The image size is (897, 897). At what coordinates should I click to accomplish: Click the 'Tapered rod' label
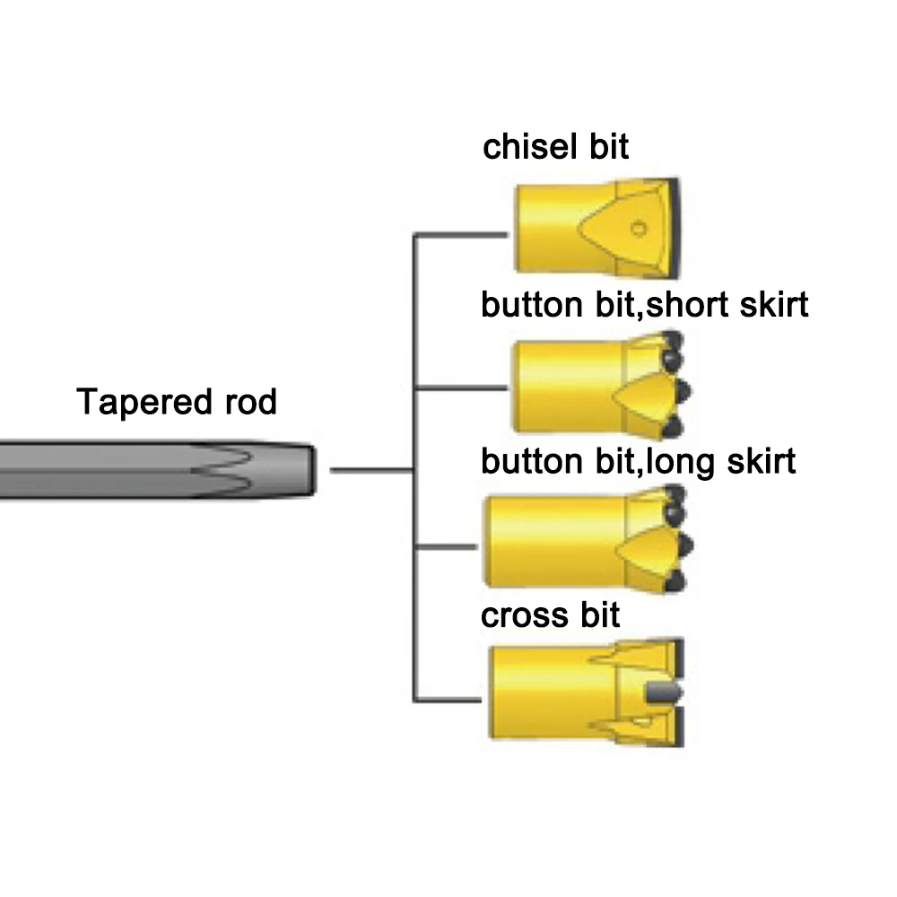[x=177, y=402]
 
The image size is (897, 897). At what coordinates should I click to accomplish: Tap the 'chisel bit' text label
[x=555, y=146]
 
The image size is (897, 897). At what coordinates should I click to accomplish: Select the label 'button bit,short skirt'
[x=644, y=305]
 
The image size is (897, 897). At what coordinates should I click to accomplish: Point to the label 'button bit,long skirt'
[x=638, y=462]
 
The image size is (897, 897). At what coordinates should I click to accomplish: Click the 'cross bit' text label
[x=550, y=616]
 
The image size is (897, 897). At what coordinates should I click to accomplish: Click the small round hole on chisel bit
[x=638, y=227]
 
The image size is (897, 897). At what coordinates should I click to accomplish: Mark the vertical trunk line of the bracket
[x=414, y=466]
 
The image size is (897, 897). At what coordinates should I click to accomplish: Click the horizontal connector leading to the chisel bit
[x=461, y=236]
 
